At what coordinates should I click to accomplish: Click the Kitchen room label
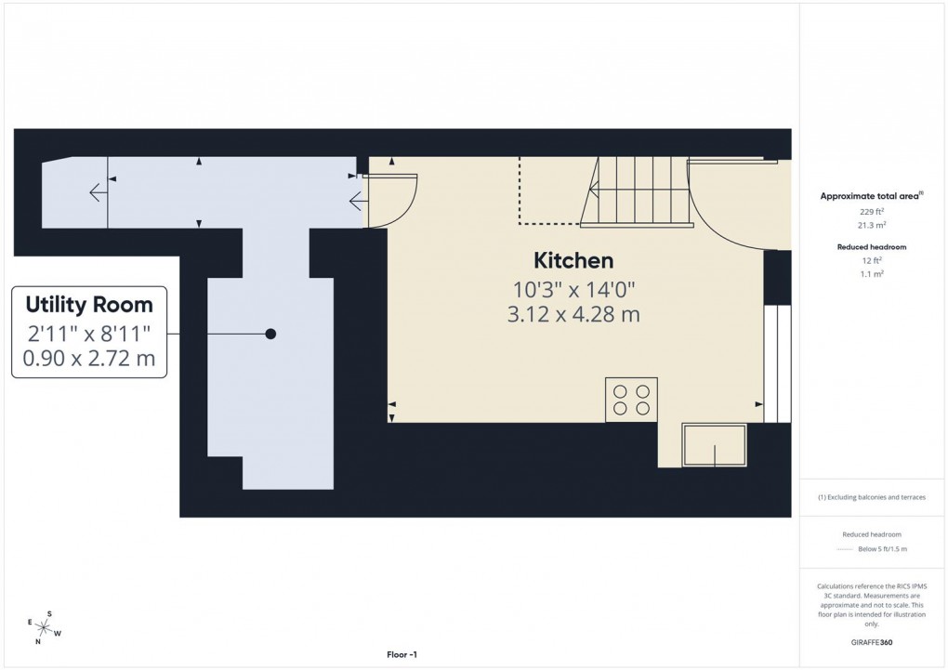click(573, 260)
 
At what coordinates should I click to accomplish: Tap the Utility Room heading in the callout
click(89, 304)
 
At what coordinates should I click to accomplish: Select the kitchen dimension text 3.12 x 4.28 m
click(573, 314)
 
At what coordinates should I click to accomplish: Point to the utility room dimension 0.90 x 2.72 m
click(89, 358)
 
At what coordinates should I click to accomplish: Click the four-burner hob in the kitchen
click(631, 399)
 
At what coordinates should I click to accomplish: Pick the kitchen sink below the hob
click(714, 445)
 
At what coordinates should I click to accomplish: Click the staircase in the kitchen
click(639, 190)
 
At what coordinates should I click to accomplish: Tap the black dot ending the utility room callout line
click(270, 334)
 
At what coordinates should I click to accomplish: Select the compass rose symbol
click(44, 627)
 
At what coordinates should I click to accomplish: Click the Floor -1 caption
click(402, 655)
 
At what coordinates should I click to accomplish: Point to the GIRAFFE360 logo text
click(873, 641)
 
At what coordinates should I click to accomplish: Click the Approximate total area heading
click(870, 196)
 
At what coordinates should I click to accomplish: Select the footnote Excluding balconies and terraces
click(872, 497)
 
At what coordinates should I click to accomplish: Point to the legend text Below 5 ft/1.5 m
click(882, 549)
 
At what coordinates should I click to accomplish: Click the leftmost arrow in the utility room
click(97, 192)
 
